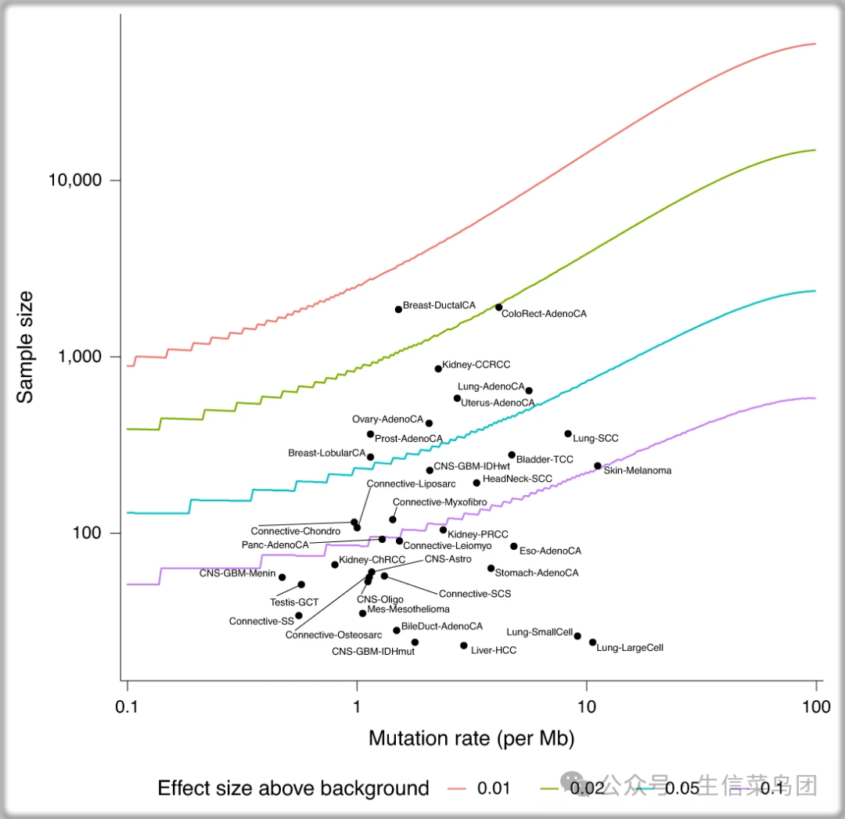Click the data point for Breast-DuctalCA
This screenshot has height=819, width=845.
point(398,309)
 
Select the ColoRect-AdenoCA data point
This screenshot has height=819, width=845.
point(498,307)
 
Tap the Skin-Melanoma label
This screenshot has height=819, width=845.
point(637,471)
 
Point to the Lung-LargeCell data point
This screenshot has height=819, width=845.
point(592,642)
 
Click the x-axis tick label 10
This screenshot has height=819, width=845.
point(585,706)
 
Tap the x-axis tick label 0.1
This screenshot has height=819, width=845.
point(127,706)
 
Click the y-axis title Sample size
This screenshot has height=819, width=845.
point(26,347)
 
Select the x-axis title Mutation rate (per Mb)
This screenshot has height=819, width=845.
point(472,738)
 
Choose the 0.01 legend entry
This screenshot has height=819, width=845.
point(480,788)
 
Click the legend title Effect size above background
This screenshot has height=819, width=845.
point(293,788)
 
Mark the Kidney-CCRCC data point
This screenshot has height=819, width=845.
point(438,368)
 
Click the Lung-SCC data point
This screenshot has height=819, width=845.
point(568,433)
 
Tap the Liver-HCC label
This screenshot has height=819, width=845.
point(493,650)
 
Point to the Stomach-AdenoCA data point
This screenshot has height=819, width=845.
point(491,568)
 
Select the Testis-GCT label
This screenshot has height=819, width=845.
point(294,602)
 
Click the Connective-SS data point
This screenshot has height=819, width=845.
point(299,616)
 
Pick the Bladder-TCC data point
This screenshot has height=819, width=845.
point(512,454)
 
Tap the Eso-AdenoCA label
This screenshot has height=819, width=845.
point(550,551)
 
